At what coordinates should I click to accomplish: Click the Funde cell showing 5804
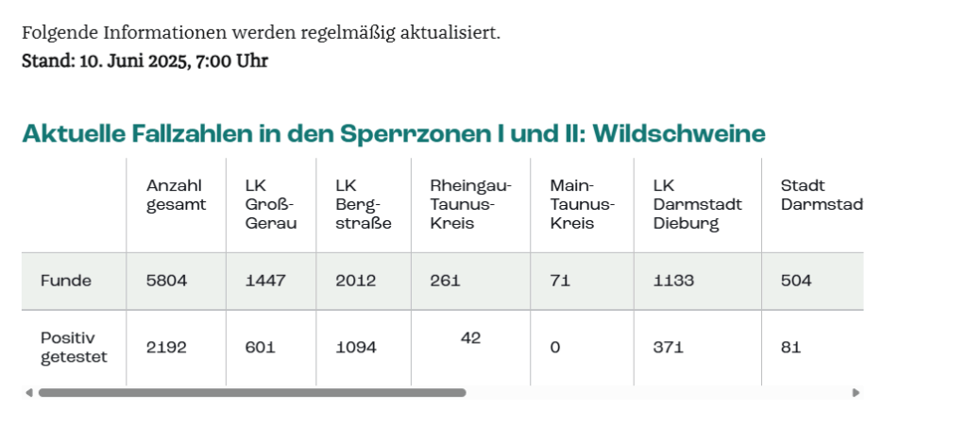tap(166, 281)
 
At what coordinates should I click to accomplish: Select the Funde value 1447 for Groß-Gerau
tap(263, 281)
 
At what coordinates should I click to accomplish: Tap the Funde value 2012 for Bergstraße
tap(356, 281)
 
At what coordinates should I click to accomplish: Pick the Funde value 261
tap(447, 281)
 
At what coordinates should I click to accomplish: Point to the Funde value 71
tap(560, 281)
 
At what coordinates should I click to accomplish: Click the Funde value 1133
tap(673, 281)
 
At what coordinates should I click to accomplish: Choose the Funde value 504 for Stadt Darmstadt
tap(796, 281)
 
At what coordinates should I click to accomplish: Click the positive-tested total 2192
tap(166, 348)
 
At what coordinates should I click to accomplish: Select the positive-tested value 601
tap(260, 348)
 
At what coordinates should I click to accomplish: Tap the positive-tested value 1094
tap(356, 348)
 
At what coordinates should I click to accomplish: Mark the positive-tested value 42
tap(470, 337)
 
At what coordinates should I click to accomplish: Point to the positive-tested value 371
tap(668, 348)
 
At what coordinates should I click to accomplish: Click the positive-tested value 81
tap(790, 348)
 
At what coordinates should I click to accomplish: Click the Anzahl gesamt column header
tap(176, 196)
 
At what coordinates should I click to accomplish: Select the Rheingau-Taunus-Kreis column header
tap(470, 205)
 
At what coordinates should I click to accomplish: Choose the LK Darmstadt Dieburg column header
tap(697, 205)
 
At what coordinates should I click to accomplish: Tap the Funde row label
tap(66, 281)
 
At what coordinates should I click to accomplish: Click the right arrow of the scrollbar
tap(856, 392)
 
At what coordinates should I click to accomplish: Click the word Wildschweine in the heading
tap(677, 134)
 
